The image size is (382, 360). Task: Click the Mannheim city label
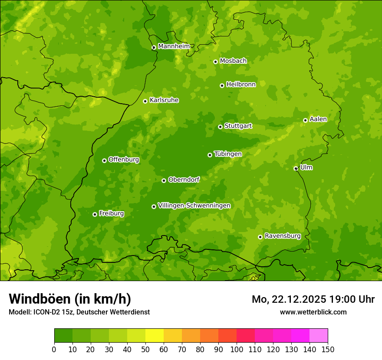(x=174, y=46)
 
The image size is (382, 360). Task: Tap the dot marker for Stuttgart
(x=220, y=127)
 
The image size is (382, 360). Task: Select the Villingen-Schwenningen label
(x=194, y=206)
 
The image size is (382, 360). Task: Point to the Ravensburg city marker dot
(x=260, y=237)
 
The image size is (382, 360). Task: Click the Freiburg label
(x=111, y=213)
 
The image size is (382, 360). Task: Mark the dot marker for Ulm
(x=296, y=168)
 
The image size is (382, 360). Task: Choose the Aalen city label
(x=318, y=119)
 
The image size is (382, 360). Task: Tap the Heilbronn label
(x=241, y=85)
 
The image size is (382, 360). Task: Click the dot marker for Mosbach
(x=215, y=62)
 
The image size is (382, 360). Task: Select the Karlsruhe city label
(x=164, y=100)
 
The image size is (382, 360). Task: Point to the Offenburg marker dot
(x=104, y=160)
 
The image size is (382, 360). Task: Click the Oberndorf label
(x=184, y=180)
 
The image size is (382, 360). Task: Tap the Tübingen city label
(x=228, y=154)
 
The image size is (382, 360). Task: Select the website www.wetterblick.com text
(x=313, y=312)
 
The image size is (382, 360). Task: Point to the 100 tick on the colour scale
(x=237, y=349)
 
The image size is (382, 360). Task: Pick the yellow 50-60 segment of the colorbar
(x=155, y=336)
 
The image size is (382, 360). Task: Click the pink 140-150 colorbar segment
(x=319, y=336)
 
